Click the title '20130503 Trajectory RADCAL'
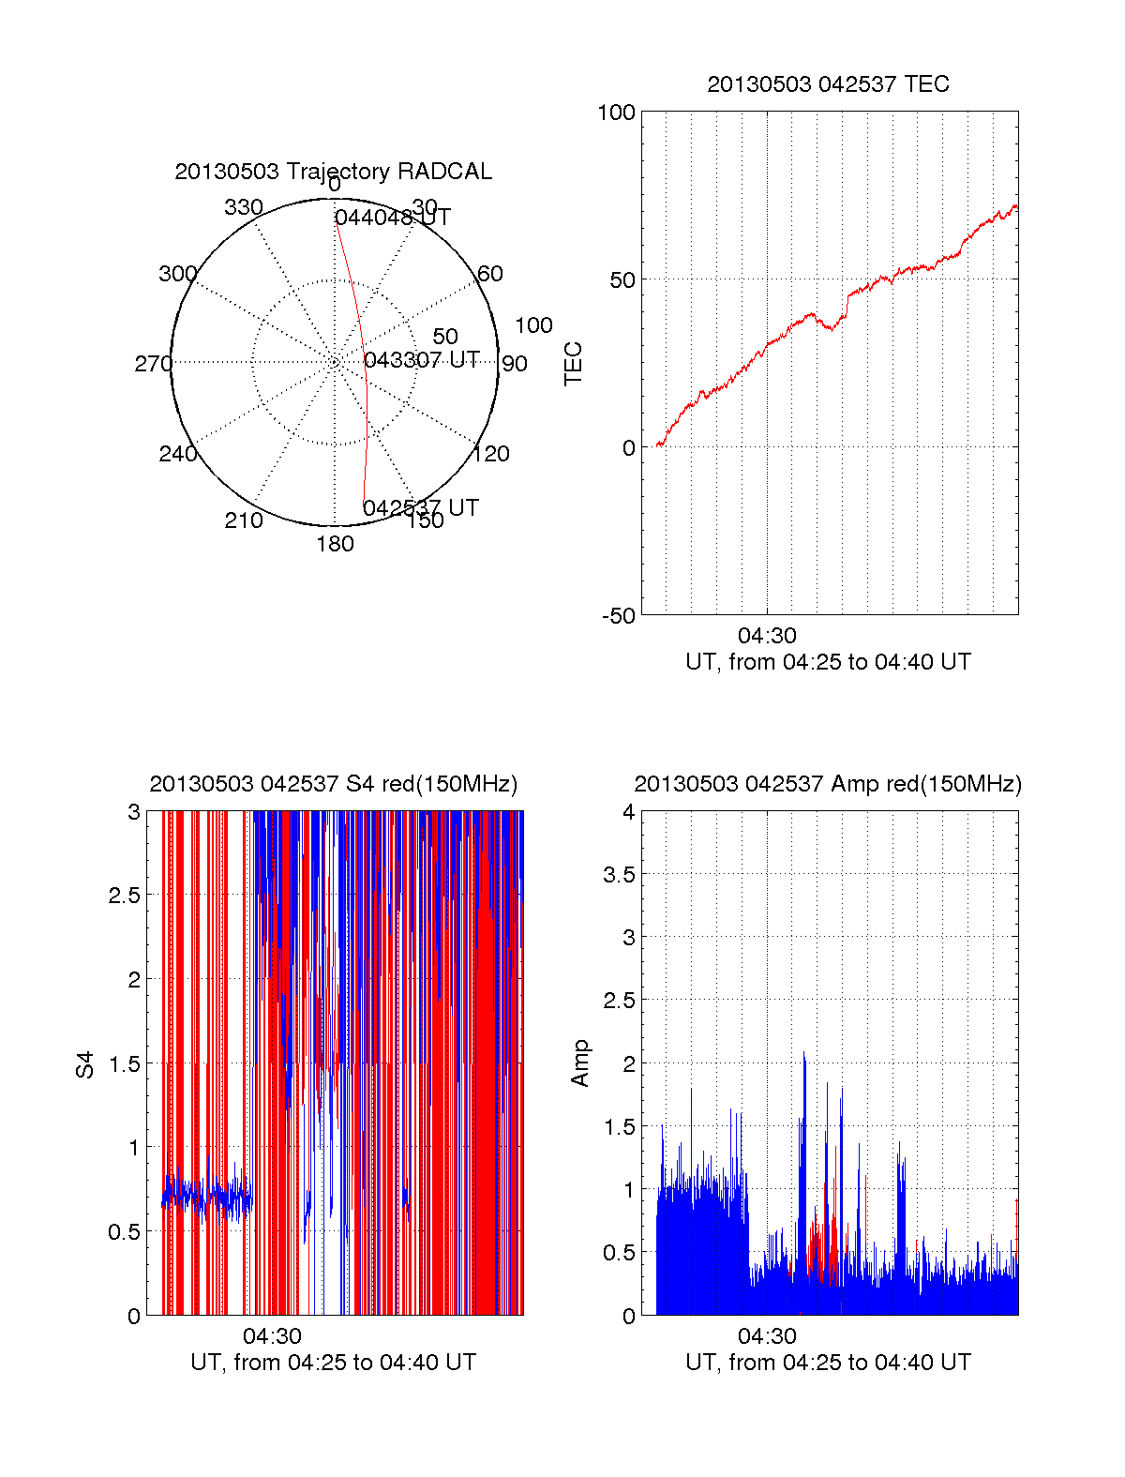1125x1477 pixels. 333,172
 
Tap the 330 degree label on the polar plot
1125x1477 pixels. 243,207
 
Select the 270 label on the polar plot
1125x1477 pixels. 153,364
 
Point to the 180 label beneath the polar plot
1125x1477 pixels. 335,544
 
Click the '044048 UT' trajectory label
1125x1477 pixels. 392,218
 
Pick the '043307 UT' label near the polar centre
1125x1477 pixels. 421,360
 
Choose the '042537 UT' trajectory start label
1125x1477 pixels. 420,508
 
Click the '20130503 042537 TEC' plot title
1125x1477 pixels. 828,84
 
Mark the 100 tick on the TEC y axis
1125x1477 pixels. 616,113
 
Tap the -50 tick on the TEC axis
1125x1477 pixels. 618,616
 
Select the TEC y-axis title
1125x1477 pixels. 573,364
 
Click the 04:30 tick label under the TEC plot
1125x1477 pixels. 767,637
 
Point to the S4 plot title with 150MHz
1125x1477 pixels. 333,784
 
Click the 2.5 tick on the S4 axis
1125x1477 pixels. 124,896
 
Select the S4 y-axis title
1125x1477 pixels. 85,1064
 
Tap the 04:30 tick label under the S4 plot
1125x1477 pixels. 272,1336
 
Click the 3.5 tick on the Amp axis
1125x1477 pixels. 619,875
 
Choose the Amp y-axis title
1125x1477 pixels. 580,1063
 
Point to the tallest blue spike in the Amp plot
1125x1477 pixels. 803,1055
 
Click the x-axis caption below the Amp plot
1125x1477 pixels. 828,1363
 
